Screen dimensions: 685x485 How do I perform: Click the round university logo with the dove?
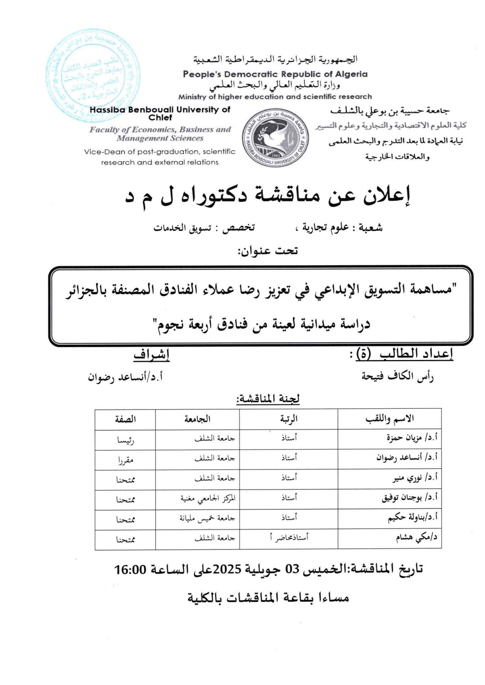[275, 137]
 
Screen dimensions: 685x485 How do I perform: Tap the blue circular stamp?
[92, 76]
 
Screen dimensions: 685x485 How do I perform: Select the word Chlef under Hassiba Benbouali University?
[160, 118]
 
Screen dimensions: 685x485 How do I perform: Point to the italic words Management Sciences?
[160, 138]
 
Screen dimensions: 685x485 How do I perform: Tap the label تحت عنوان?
[267, 251]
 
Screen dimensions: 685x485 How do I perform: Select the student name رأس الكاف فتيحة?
[397, 376]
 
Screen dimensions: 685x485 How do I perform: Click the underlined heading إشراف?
[151, 355]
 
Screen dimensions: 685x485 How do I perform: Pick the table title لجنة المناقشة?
[268, 399]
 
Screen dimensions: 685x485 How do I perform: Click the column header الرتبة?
[288, 419]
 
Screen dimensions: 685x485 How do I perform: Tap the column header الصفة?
[125, 419]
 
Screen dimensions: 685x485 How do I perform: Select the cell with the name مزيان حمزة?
[412, 438]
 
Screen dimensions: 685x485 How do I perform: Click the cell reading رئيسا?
[125, 440]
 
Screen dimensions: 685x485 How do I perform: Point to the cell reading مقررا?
[125, 460]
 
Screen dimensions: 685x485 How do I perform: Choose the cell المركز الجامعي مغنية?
[208, 498]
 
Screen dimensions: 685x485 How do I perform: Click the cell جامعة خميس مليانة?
[207, 518]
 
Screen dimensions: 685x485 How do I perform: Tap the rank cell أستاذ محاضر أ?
[289, 537]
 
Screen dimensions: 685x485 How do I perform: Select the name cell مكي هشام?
[416, 538]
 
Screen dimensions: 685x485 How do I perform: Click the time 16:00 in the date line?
[130, 569]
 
